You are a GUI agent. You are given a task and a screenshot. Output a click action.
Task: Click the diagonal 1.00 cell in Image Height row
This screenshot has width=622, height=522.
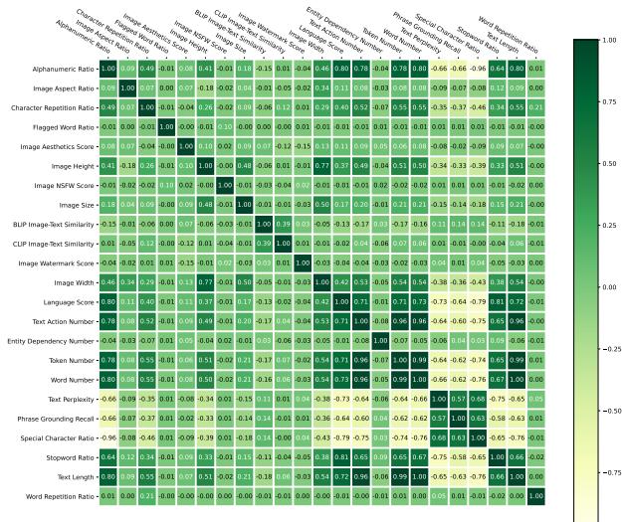[206, 165]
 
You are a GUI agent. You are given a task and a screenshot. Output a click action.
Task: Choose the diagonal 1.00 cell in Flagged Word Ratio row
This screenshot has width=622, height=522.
[167, 125]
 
